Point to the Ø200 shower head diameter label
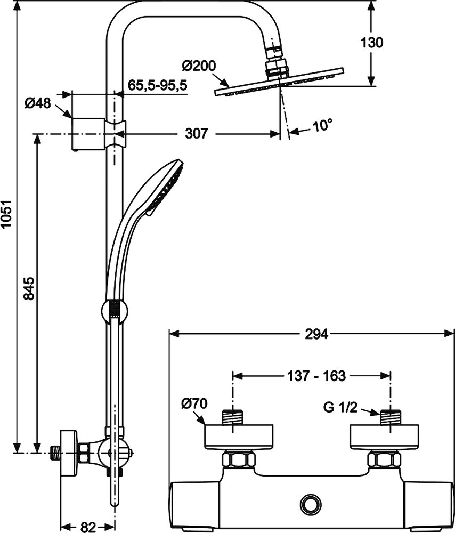[x=198, y=66]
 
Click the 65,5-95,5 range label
[x=158, y=85]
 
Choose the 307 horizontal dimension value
[x=196, y=134]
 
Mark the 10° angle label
[x=322, y=126]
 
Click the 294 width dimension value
[x=317, y=334]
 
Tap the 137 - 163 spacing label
[x=313, y=376]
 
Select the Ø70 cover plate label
[x=193, y=403]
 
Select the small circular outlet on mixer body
[x=309, y=504]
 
